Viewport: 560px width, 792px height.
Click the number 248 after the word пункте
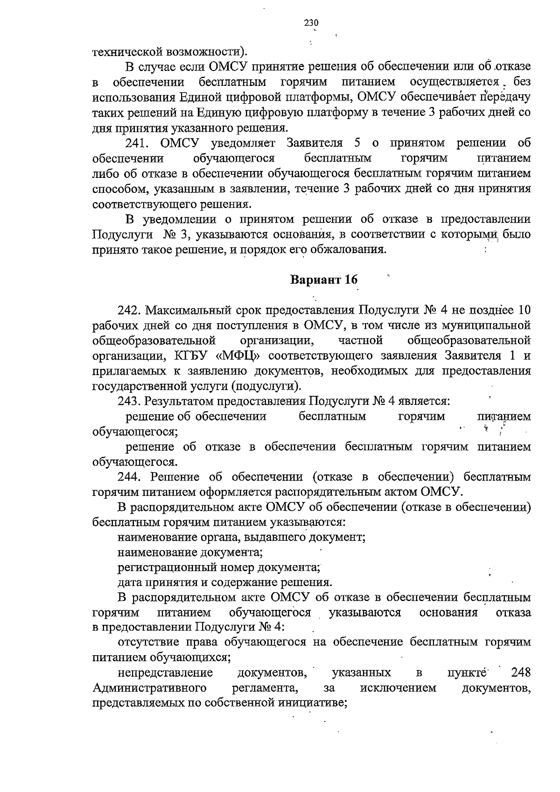(521, 673)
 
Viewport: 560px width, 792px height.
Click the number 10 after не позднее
(524, 311)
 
